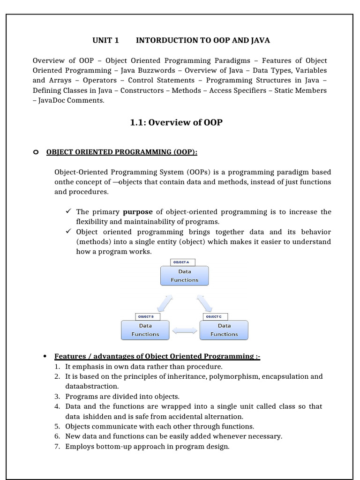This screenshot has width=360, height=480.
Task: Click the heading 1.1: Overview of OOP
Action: point(176,122)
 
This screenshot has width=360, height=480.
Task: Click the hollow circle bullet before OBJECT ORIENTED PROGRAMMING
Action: point(36,152)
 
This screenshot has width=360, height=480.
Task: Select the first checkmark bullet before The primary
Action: point(68,212)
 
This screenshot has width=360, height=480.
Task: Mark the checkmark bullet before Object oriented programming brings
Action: point(68,232)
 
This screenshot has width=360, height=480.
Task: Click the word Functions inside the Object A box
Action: point(184,280)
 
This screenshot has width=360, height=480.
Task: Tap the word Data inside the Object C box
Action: point(224,325)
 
